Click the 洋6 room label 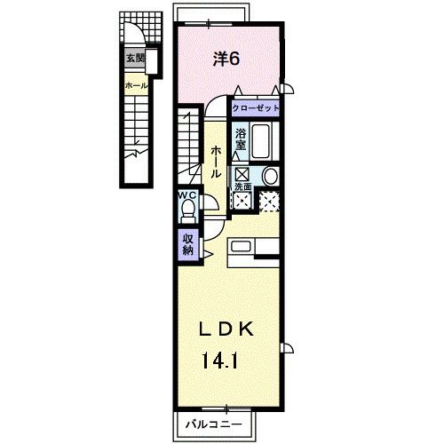[x=227, y=59]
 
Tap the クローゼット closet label [x=256, y=107]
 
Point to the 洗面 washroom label [x=242, y=186]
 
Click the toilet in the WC [x=187, y=210]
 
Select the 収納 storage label [x=188, y=243]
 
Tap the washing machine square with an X [x=270, y=202]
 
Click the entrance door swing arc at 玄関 [x=136, y=36]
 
